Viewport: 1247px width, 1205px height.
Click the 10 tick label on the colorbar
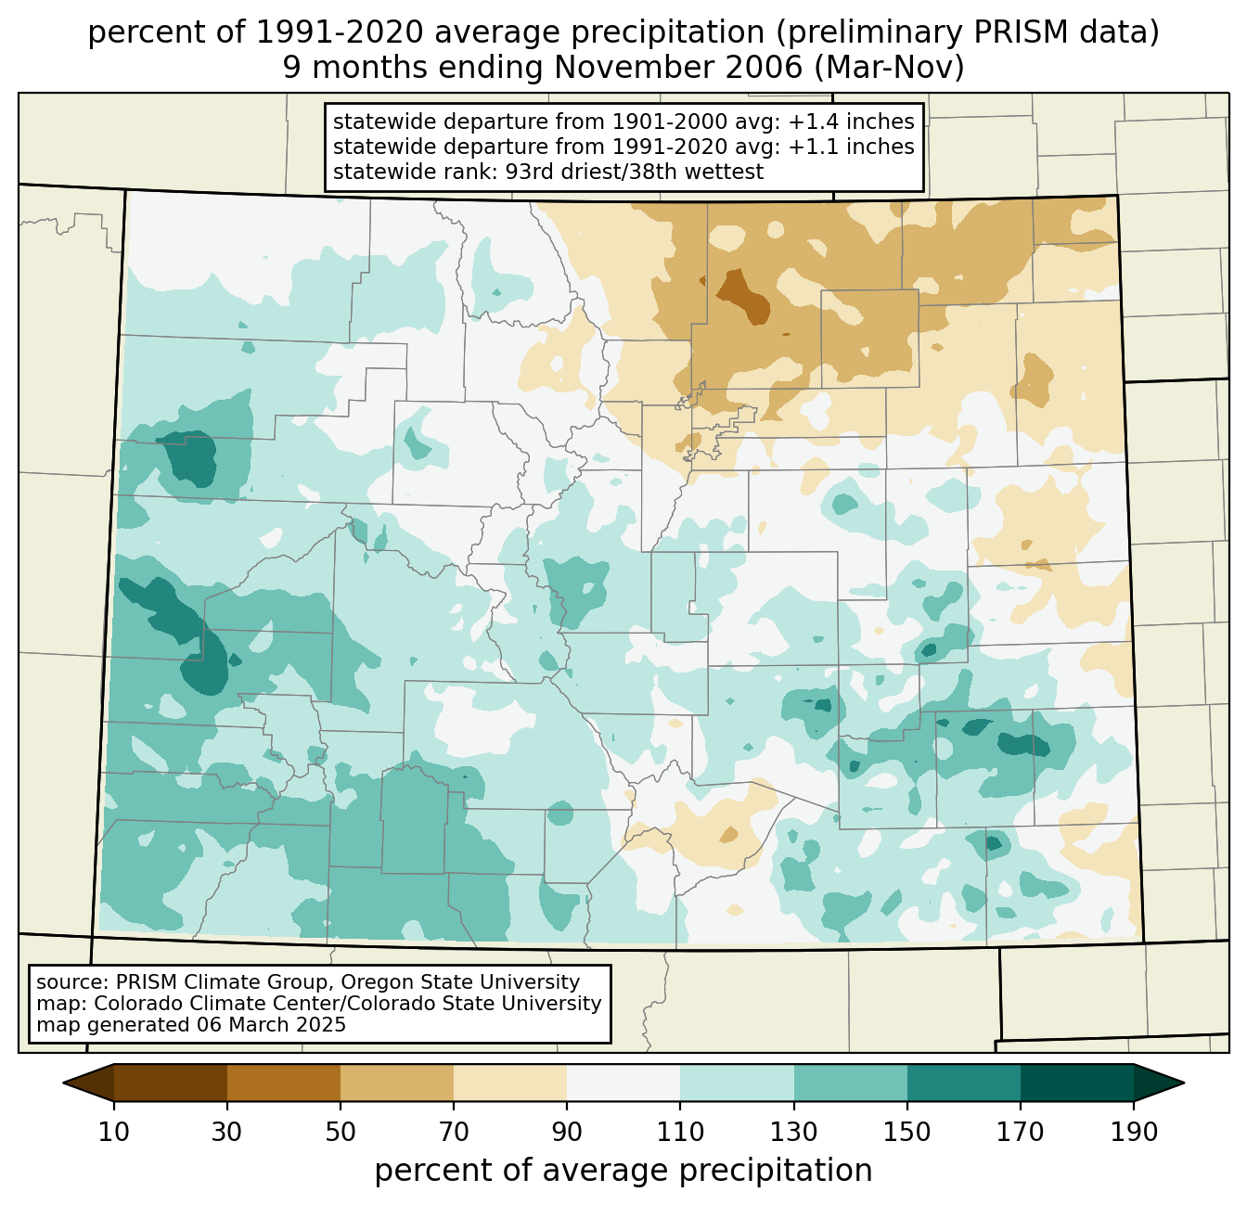coord(114,1132)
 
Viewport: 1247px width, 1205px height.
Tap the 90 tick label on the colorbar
coord(567,1132)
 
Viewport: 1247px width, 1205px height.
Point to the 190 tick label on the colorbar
coord(1133,1132)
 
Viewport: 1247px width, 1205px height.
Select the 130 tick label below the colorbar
coord(793,1132)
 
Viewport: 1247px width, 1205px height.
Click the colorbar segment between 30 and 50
coord(284,1083)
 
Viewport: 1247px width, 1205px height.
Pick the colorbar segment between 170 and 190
coord(1076,1083)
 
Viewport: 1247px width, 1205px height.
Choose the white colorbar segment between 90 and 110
coord(623,1083)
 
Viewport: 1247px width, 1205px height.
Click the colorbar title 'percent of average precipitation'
coord(623,1171)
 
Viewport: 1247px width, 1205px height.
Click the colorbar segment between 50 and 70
coord(397,1083)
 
